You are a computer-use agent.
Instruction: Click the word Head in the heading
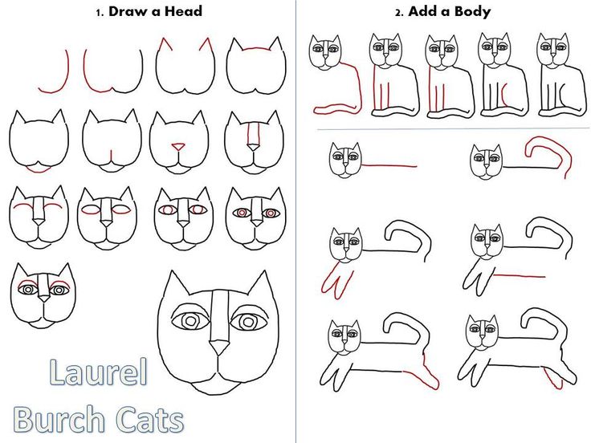click(x=184, y=11)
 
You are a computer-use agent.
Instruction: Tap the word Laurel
click(x=99, y=373)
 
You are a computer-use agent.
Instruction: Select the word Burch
click(x=59, y=419)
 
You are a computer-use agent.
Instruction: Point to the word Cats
click(x=149, y=419)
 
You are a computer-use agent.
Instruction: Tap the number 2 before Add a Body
click(x=397, y=12)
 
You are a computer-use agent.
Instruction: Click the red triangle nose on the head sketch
click(x=178, y=147)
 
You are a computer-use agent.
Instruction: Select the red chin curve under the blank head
click(x=38, y=169)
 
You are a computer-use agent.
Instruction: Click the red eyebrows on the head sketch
click(x=39, y=283)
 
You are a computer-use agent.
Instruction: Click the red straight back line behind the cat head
click(x=389, y=166)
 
